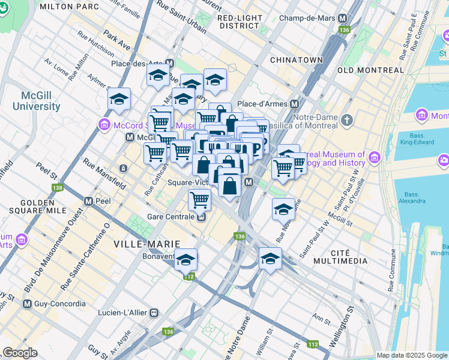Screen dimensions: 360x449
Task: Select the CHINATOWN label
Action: [297, 61]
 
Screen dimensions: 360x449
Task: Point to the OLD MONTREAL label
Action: [371, 70]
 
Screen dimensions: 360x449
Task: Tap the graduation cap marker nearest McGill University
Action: [119, 99]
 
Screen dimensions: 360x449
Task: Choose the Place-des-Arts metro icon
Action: [170, 63]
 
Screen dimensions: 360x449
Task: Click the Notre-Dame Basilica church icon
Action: [346, 121]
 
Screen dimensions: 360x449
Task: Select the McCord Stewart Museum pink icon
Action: [104, 125]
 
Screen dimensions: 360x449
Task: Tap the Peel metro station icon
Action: [88, 201]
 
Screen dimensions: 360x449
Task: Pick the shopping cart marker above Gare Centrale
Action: [199, 199]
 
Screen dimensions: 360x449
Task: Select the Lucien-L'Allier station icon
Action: [154, 313]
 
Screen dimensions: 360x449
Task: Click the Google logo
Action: [20, 353]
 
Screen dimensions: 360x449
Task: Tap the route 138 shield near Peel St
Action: [57, 188]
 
